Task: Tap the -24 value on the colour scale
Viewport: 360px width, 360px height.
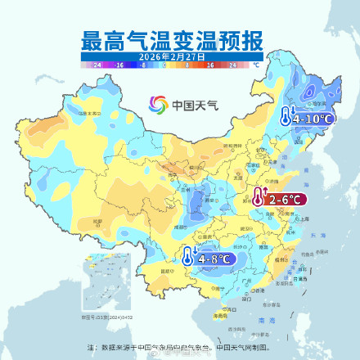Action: [97, 63]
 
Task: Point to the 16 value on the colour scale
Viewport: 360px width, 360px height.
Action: [209, 63]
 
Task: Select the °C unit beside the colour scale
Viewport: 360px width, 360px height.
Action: [256, 63]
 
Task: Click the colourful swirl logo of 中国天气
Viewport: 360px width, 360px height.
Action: [158, 105]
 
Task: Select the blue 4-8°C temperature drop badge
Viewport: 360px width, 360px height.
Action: [209, 259]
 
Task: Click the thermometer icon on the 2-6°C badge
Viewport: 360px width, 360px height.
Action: [258, 198]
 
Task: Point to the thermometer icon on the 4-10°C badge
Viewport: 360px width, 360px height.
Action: [287, 117]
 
